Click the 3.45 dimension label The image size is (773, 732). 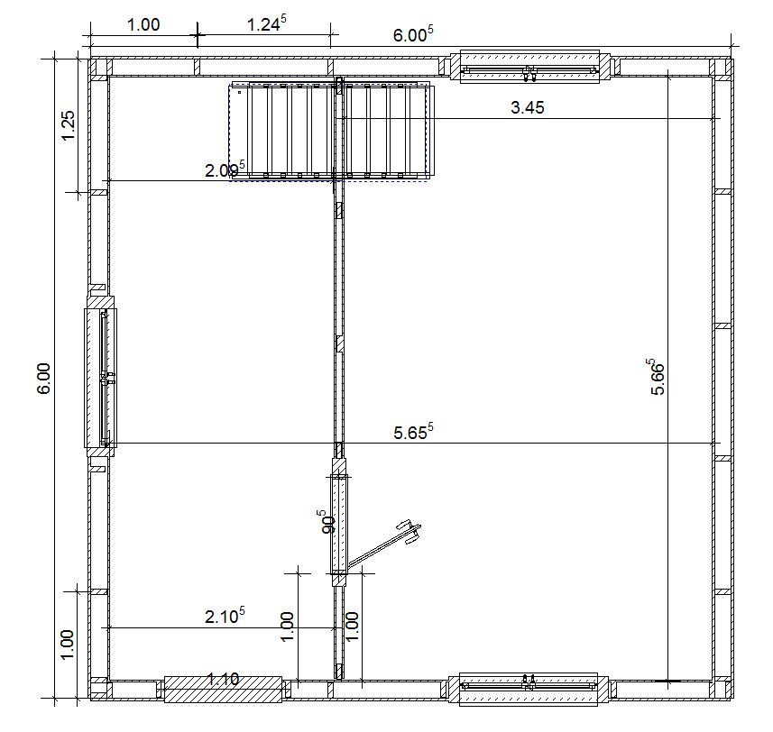coord(527,107)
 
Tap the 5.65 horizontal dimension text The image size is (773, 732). coord(413,432)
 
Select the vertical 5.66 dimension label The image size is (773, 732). coord(657,377)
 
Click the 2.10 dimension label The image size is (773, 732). coord(225,615)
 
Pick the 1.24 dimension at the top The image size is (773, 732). coord(266,23)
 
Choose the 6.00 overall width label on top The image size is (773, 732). coord(413,34)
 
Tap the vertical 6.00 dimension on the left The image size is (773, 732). coord(43,379)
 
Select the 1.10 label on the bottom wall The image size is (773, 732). coord(224,680)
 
